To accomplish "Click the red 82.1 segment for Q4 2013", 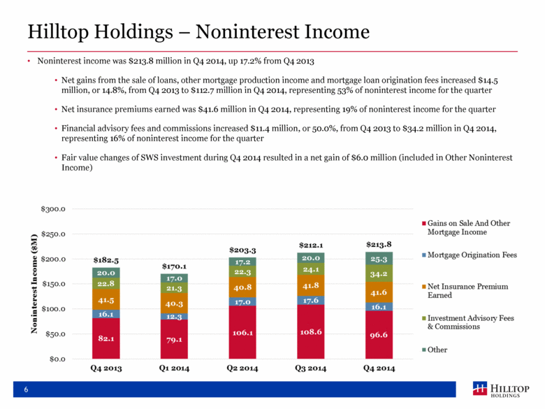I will pos(106,338).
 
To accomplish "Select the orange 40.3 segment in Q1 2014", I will pos(174,303).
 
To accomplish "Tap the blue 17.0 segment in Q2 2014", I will pos(242,302).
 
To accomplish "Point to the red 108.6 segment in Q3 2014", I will pos(310,331).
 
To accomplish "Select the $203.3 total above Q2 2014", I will pos(242,250).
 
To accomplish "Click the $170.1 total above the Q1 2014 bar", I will pos(174,266).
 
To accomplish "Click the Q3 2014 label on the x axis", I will pos(310,368).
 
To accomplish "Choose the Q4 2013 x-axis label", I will pos(106,368).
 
